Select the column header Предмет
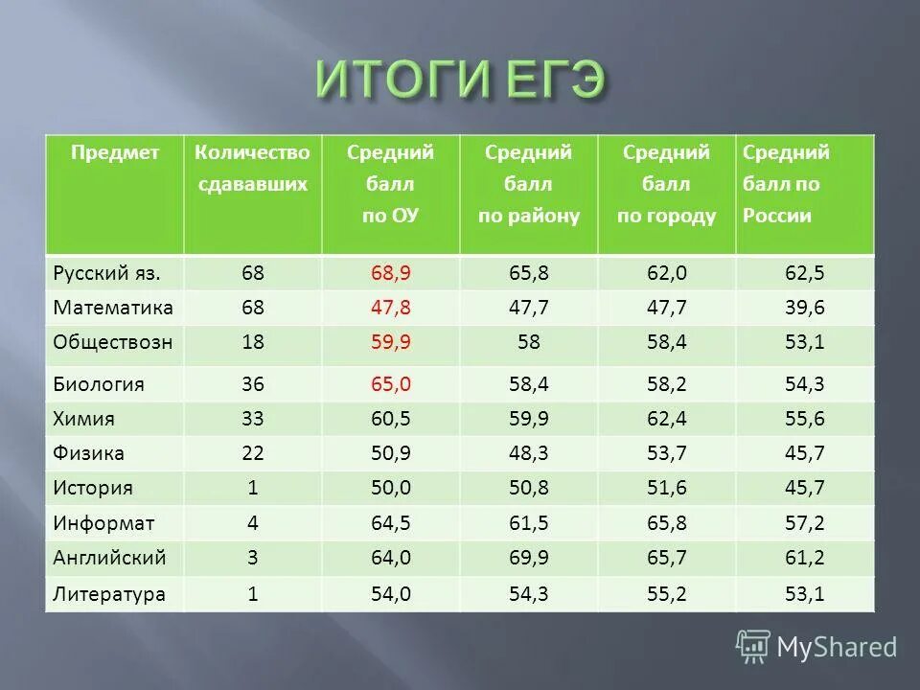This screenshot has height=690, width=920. (x=114, y=152)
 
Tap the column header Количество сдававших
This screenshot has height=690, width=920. (x=253, y=169)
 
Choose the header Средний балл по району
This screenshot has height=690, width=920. (x=528, y=184)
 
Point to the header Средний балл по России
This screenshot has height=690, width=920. (x=786, y=184)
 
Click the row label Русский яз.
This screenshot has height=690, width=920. (x=105, y=273)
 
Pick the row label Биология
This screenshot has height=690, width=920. (x=99, y=384)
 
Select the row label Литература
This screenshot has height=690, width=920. (x=109, y=594)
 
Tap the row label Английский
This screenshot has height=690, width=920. (x=110, y=557)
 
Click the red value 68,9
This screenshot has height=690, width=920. (x=390, y=273)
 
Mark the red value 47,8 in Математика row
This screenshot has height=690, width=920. (x=390, y=308)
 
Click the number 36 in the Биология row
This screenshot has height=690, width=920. (x=253, y=384)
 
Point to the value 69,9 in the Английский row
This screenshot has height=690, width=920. (x=528, y=557)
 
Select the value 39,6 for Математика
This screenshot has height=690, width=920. (x=804, y=308)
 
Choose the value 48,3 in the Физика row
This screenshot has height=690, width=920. (x=528, y=452)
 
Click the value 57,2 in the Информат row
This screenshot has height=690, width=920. (x=804, y=522)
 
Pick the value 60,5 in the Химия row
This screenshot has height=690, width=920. (x=390, y=418)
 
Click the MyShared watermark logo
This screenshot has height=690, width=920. (x=817, y=647)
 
